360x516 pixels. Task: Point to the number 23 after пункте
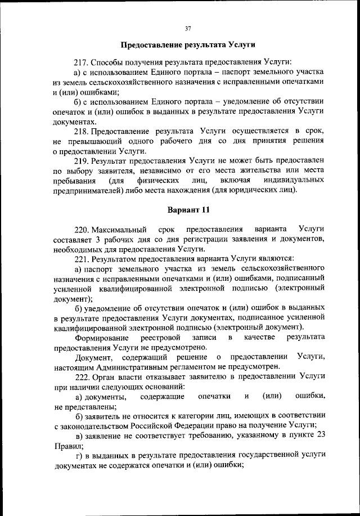pyautogui.click(x=319, y=436)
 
